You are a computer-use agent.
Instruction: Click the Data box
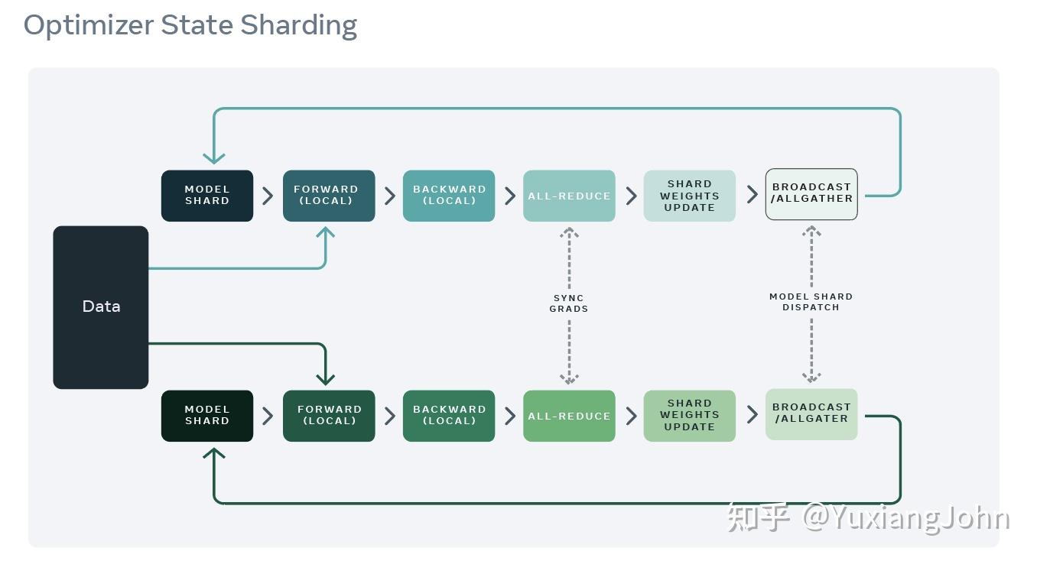click(x=101, y=306)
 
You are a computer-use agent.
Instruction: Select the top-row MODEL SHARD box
click(x=206, y=196)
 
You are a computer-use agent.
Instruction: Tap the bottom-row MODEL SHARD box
click(x=206, y=416)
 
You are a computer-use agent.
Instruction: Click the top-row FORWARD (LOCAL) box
click(x=329, y=196)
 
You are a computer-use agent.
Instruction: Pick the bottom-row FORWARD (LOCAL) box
click(x=329, y=416)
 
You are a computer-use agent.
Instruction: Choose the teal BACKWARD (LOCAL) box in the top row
click(x=449, y=196)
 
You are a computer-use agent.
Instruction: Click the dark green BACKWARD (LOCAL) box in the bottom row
click(x=449, y=416)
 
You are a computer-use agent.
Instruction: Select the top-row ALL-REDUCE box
click(x=569, y=196)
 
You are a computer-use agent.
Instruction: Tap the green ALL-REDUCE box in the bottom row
click(x=569, y=416)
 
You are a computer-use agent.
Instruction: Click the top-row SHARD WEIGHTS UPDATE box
click(x=689, y=196)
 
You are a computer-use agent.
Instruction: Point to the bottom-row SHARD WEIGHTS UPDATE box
click(x=689, y=416)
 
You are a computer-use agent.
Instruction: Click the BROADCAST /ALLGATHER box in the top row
click(x=811, y=194)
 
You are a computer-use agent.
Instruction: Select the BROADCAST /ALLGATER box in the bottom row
click(x=811, y=414)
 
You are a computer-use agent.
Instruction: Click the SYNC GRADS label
click(x=569, y=303)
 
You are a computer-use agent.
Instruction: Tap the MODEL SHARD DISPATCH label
click(x=811, y=302)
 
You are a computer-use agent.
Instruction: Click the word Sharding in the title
click(x=298, y=25)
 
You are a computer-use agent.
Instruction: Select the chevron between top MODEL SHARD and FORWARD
click(x=268, y=196)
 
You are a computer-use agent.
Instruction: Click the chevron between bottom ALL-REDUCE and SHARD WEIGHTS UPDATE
click(x=631, y=416)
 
